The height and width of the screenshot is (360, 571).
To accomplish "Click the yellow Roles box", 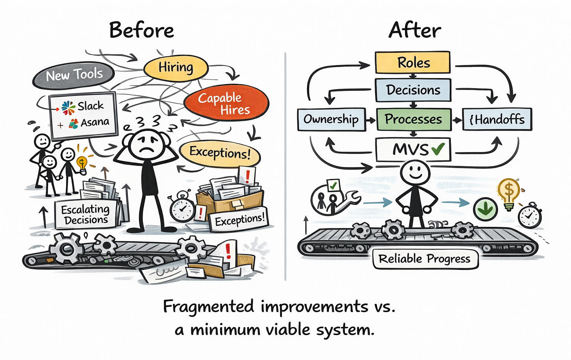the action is [412, 62].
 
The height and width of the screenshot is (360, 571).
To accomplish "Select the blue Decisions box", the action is [413, 90].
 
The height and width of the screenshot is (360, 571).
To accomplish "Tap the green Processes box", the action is [413, 119].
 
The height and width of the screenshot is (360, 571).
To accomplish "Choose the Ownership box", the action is [331, 119].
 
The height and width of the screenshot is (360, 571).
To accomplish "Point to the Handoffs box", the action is [497, 119].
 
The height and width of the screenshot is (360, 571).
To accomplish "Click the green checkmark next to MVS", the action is [438, 148].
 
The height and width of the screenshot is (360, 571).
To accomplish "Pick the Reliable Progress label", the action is [425, 259].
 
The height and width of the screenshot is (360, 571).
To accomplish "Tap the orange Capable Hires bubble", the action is [226, 103].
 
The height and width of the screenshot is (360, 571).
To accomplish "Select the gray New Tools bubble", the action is [73, 75].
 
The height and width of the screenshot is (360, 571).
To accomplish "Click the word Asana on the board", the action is [95, 122].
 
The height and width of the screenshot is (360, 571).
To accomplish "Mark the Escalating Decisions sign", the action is [86, 215].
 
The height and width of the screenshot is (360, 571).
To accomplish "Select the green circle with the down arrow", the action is [485, 209].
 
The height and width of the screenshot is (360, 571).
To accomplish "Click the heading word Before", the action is [142, 30].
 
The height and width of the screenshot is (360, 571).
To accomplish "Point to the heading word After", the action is [414, 30].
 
